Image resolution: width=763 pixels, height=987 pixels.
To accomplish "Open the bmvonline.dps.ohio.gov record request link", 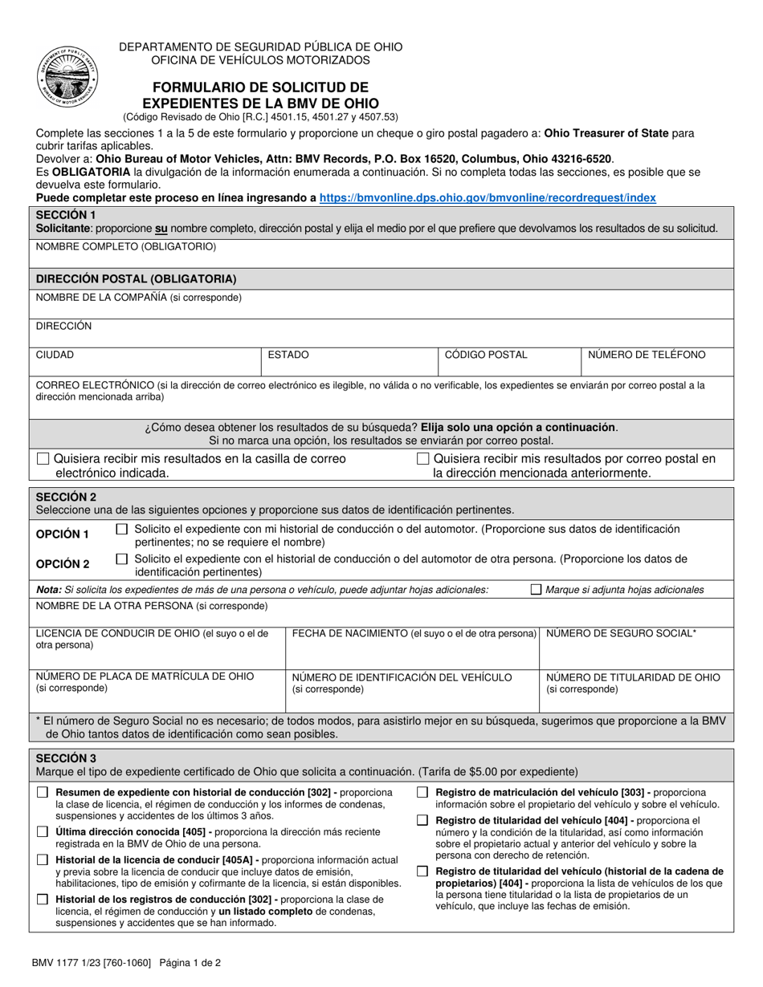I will [x=487, y=197].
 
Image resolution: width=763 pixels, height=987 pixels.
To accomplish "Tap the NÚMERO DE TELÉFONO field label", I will [x=647, y=355].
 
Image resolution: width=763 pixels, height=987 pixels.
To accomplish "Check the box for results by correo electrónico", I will [x=43, y=459].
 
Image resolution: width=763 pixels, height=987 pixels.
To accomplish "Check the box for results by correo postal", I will [x=423, y=459].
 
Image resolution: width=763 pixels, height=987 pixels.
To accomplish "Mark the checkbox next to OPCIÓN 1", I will [x=121, y=530].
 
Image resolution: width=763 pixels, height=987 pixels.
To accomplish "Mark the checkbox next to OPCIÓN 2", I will [x=121, y=558].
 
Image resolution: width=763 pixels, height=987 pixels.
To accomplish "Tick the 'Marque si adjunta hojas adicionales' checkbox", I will [x=537, y=590].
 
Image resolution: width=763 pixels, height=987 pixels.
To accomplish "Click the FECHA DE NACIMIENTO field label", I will [x=414, y=634].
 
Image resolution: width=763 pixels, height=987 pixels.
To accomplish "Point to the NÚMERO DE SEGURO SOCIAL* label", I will [x=621, y=634].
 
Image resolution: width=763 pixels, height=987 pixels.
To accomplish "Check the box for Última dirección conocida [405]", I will [x=43, y=832].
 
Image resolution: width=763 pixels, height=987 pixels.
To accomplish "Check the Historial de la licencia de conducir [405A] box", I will [x=43, y=860].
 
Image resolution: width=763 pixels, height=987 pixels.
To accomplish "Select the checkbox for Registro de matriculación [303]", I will [x=422, y=793].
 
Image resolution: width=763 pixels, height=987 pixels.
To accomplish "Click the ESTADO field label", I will [x=288, y=355].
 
